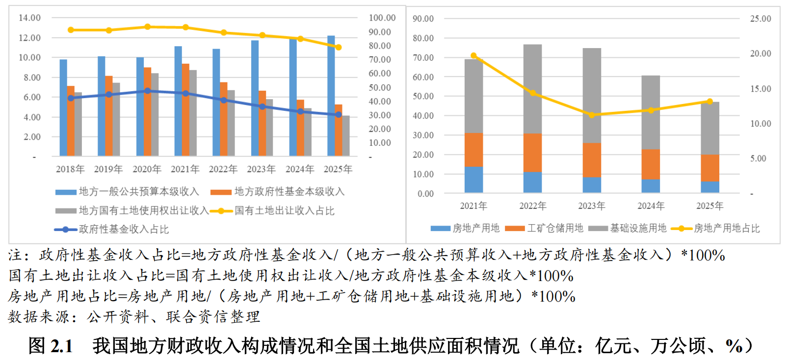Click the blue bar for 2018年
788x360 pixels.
[63, 108]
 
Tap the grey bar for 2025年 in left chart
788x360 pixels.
[346, 136]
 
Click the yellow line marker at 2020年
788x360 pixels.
[147, 27]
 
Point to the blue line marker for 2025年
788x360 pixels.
[338, 115]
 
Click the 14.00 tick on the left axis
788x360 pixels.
[30, 18]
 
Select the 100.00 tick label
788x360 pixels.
[382, 18]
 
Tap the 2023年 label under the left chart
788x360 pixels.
[261, 169]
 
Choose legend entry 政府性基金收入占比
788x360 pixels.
[123, 229]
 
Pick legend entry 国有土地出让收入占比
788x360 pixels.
[284, 211]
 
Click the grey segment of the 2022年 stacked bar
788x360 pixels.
[532, 88]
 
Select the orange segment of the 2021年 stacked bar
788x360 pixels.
[473, 150]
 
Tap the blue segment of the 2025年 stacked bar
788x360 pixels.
[709, 187]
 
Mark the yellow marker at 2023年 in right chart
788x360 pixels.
[591, 115]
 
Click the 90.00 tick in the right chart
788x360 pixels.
[423, 19]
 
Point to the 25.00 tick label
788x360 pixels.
[760, 19]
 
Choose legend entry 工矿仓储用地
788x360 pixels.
[555, 228]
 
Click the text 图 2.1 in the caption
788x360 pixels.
[51, 346]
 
